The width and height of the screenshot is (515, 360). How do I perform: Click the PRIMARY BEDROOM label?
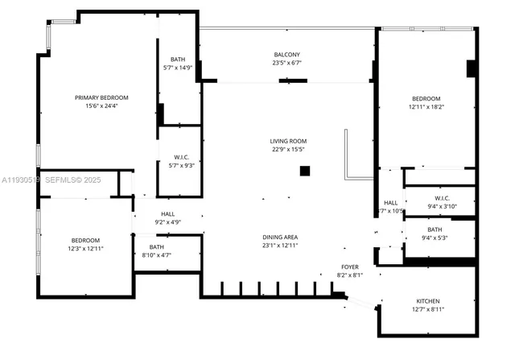click(101, 97)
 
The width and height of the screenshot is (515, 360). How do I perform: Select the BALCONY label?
click(286, 55)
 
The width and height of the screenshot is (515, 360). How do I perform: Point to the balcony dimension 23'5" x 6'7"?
click(286, 63)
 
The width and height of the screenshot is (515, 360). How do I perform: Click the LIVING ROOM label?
click(287, 141)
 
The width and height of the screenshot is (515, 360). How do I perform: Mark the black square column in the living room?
click(305, 171)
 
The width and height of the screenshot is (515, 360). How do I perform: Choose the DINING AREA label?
click(280, 237)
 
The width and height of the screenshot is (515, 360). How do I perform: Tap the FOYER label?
click(349, 267)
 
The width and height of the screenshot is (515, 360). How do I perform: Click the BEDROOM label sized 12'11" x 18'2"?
click(425, 98)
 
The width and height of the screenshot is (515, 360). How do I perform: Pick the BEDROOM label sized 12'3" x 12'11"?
click(84, 241)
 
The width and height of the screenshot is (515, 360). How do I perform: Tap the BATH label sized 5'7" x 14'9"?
click(178, 60)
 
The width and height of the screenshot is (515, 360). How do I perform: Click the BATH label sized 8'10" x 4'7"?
click(156, 247)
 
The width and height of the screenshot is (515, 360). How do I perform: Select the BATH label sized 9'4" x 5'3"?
click(440, 230)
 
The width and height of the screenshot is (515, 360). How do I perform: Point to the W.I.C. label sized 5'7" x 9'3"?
click(181, 157)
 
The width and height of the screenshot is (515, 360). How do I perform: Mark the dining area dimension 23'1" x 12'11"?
click(280, 245)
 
